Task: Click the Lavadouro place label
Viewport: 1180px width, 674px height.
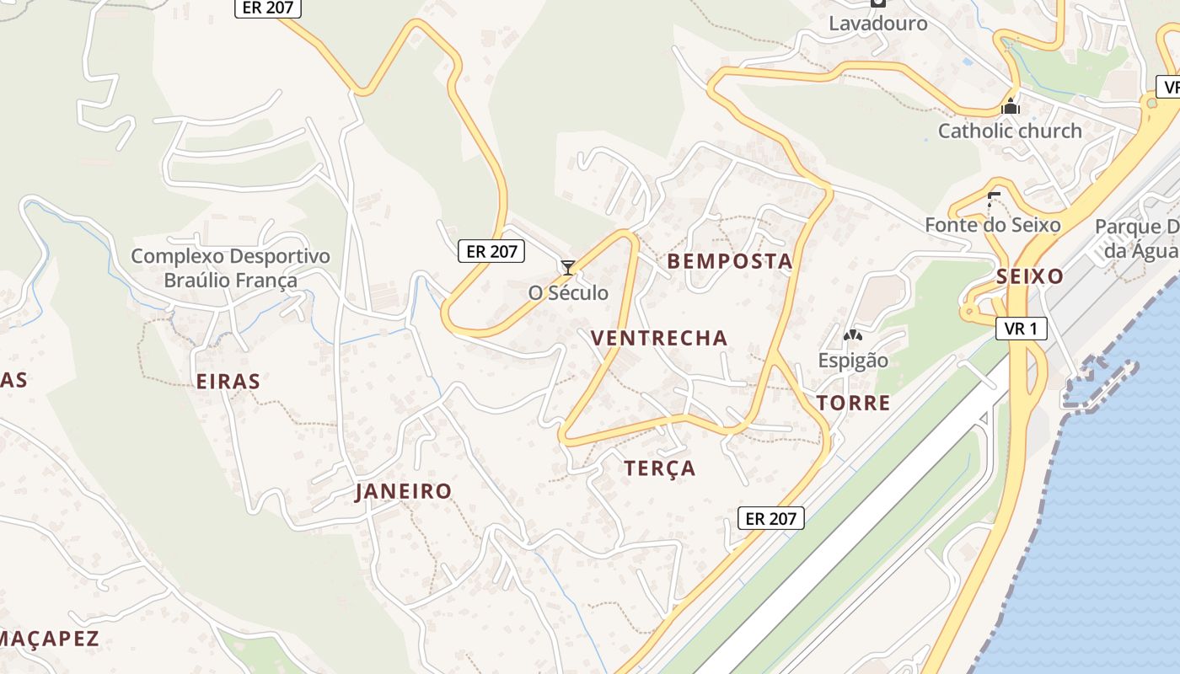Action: click(x=877, y=23)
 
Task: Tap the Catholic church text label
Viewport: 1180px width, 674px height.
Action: click(x=1010, y=131)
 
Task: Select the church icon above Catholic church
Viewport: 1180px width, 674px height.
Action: click(x=1010, y=107)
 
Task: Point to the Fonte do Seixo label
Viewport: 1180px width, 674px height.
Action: click(x=992, y=225)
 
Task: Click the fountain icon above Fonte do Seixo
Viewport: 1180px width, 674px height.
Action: click(x=993, y=201)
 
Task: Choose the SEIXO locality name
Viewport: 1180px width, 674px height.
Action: click(x=1029, y=276)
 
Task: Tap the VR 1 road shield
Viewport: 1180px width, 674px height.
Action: click(x=1022, y=329)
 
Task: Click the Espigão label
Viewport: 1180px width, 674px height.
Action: click(x=853, y=361)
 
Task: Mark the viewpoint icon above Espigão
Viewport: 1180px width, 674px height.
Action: click(x=853, y=336)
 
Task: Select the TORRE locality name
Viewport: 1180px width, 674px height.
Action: click(x=854, y=403)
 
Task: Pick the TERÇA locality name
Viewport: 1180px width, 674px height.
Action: click(x=660, y=468)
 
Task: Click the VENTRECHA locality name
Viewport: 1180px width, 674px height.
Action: click(x=658, y=338)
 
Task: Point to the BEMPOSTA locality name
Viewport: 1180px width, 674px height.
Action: click(x=730, y=261)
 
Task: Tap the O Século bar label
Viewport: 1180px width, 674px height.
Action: click(x=568, y=293)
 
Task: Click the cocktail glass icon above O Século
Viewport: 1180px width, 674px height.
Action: click(x=568, y=268)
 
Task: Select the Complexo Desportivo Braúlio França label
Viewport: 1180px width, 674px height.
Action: click(x=230, y=268)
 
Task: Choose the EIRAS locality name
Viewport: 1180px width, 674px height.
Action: click(x=228, y=382)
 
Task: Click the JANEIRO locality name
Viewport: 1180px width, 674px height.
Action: click(x=403, y=491)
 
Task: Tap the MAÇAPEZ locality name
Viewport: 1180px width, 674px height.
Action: click(x=49, y=639)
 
